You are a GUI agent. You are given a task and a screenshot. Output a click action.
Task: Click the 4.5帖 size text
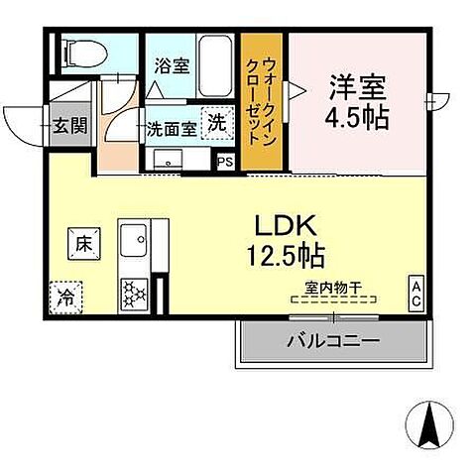coord(355,117)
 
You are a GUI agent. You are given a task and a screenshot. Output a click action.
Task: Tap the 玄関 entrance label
coord(68,126)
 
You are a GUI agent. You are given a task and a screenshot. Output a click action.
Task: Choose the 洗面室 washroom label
coord(170,128)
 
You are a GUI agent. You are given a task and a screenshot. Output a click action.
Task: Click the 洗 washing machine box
coord(216,123)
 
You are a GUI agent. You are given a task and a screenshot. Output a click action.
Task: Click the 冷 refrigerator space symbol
coord(65,295)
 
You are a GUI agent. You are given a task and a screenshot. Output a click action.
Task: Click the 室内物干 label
coord(334,289)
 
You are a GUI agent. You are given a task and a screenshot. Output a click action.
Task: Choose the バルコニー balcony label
coord(333,342)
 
